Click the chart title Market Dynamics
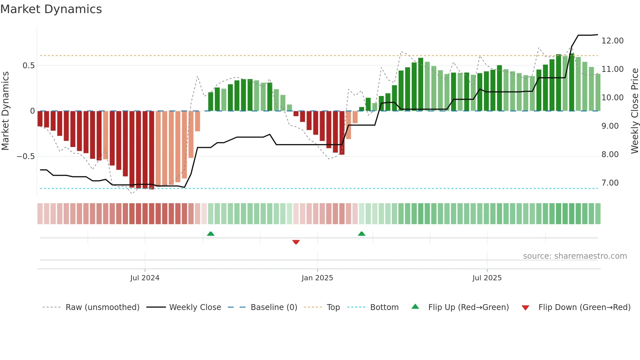[x=51, y=9]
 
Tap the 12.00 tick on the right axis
[x=612, y=41]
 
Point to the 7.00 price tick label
[x=610, y=183]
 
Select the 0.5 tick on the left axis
[x=29, y=66]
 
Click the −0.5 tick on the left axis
[x=26, y=156]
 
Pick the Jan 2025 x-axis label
[x=317, y=278]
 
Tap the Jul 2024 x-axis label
[x=145, y=278]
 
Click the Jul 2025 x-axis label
[x=487, y=278]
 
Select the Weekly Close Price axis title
[x=634, y=111]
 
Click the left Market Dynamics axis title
[x=5, y=111]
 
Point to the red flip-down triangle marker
[x=296, y=242]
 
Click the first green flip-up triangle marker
[x=211, y=234]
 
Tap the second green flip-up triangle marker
[x=361, y=234]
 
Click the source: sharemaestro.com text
[x=575, y=256]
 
